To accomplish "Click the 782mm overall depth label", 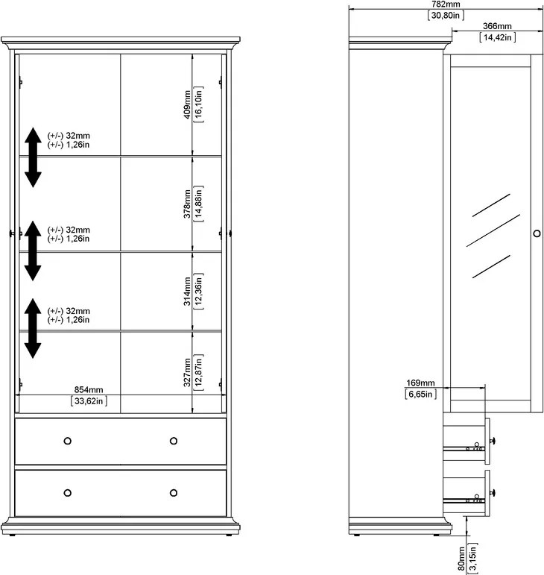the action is pyautogui.click(x=446, y=4).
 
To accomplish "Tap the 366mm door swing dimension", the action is pyautogui.click(x=497, y=26).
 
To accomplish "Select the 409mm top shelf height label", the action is pyautogui.click(x=187, y=104).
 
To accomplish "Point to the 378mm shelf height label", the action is pyautogui.click(x=187, y=204).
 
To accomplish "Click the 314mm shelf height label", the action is pyautogui.click(x=187, y=292).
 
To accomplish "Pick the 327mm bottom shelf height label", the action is pyautogui.click(x=187, y=373).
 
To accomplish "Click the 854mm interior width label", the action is pyautogui.click(x=89, y=390).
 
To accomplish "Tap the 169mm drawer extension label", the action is pyautogui.click(x=420, y=383).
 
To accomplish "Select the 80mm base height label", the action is pyautogui.click(x=461, y=559).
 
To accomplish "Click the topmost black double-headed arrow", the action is pyautogui.click(x=33, y=157).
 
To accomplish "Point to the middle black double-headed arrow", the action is pyautogui.click(x=33, y=251).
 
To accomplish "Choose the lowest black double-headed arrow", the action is pyautogui.click(x=33, y=328).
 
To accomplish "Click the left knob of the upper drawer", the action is pyautogui.click(x=67, y=441).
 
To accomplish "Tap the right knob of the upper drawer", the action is pyautogui.click(x=174, y=441).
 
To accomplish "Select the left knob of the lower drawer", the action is pyautogui.click(x=67, y=493).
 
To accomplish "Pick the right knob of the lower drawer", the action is pyautogui.click(x=174, y=493).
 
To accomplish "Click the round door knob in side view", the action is pyautogui.click(x=537, y=233).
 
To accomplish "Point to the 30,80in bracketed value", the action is pyautogui.click(x=446, y=15).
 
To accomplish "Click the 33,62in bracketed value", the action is pyautogui.click(x=89, y=400).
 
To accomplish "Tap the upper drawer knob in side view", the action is pyautogui.click(x=493, y=441).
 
